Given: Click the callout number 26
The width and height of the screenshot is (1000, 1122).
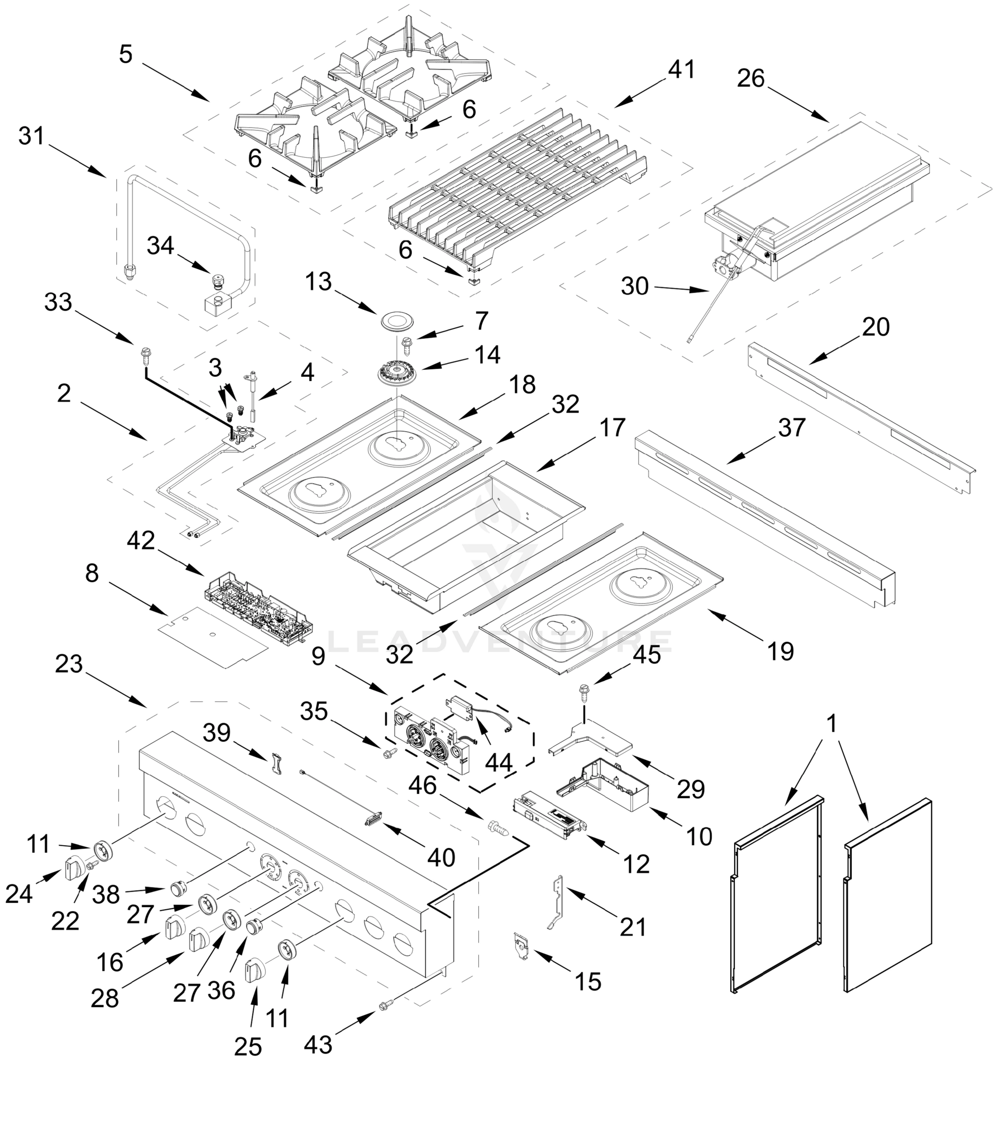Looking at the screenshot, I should (750, 79).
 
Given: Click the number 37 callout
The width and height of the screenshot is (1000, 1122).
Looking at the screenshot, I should (791, 427).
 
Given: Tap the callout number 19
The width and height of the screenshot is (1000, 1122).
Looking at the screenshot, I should (780, 652).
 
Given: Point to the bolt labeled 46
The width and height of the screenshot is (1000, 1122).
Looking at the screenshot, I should (497, 827).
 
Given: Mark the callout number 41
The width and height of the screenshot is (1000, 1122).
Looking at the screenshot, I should (681, 70).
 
